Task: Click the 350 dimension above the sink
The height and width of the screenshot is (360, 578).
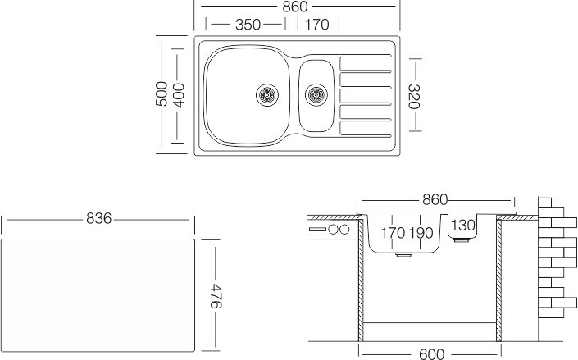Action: pyautogui.click(x=248, y=25)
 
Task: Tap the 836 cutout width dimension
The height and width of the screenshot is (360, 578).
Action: pyautogui.click(x=99, y=220)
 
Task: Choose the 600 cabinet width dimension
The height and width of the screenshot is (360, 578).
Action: pyautogui.click(x=430, y=353)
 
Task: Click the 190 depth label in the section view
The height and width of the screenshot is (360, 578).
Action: pyautogui.click(x=421, y=234)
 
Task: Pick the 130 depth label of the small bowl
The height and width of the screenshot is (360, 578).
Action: pyautogui.click(x=463, y=226)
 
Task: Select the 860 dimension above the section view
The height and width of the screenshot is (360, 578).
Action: pyautogui.click(x=435, y=200)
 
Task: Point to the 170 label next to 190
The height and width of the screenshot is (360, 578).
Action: pyautogui.click(x=392, y=234)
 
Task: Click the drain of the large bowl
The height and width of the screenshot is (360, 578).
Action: pyautogui.click(x=267, y=95)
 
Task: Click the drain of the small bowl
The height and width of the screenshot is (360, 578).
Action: pyautogui.click(x=316, y=95)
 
